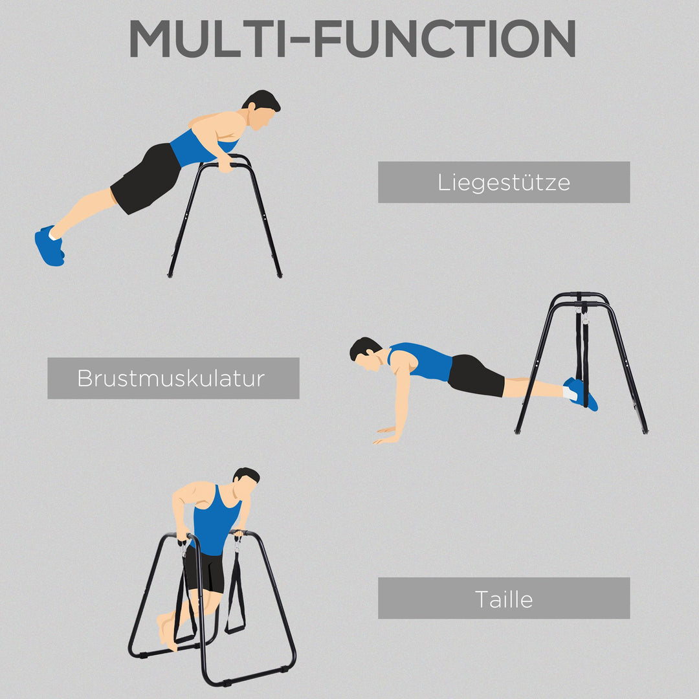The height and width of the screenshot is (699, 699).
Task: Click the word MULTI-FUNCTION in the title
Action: [352, 39]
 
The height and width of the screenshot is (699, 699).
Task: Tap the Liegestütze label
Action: [504, 183]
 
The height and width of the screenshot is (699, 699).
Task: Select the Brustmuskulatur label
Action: [173, 378]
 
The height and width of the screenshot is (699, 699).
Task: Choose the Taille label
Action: [504, 598]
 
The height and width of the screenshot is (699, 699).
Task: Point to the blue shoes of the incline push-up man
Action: [49, 246]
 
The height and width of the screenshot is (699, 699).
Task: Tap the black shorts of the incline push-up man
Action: [146, 178]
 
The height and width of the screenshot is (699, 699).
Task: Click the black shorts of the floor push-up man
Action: [476, 376]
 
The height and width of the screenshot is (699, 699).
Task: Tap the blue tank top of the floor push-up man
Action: [424, 361]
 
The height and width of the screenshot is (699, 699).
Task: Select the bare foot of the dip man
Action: [167, 631]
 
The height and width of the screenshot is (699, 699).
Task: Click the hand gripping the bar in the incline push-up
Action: [224, 166]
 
